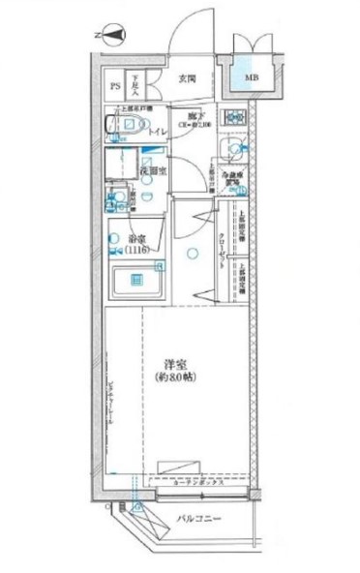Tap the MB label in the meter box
point(251,78)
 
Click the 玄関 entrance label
point(187,79)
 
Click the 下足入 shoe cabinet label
point(135,87)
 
